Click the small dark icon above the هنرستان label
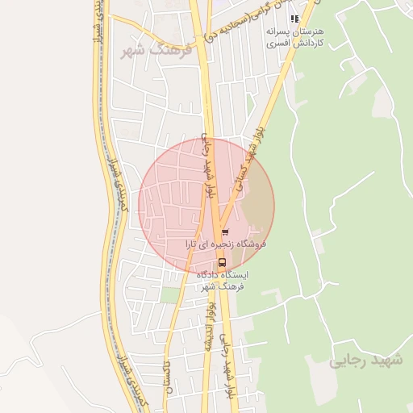click(x=294, y=18)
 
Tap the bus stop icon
click(x=221, y=262)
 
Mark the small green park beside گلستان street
click(x=169, y=294)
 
